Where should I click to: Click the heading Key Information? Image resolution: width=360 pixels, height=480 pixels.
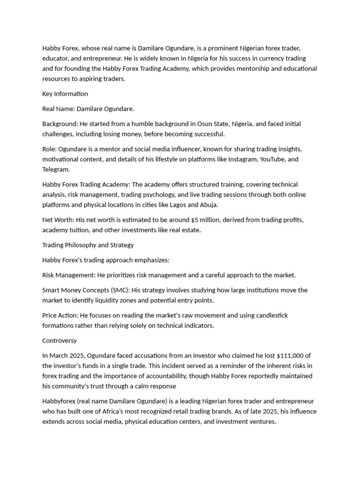65,94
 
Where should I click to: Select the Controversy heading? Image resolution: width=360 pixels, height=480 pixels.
60,341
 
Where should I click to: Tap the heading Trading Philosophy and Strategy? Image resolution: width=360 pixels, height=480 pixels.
88,245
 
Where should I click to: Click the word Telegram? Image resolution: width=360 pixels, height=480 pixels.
55,170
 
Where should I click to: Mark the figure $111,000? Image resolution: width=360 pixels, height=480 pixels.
281,356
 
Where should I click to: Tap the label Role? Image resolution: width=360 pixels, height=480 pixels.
49,149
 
